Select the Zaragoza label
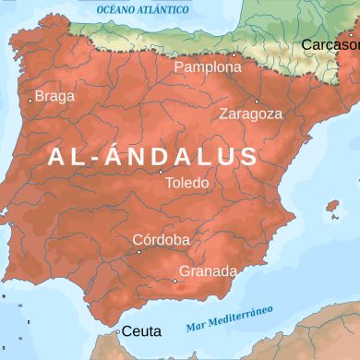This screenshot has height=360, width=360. pyautogui.click(x=250, y=114)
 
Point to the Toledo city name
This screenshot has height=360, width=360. pyautogui.click(x=186, y=183)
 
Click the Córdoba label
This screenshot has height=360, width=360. pyautogui.click(x=161, y=240)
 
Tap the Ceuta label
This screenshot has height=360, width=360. pyautogui.click(x=141, y=331)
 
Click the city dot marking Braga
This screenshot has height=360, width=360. pyautogui.click(x=30, y=100)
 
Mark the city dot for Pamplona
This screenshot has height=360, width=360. pyautogui.click(x=234, y=54)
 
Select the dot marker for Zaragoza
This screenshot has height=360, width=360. pyautogui.click(x=256, y=101)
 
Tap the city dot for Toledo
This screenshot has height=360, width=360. pyautogui.click(x=161, y=172)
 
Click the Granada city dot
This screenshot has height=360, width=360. pyautogui.click(x=175, y=281)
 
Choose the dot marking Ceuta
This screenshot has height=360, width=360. pyautogui.click(x=117, y=329)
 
